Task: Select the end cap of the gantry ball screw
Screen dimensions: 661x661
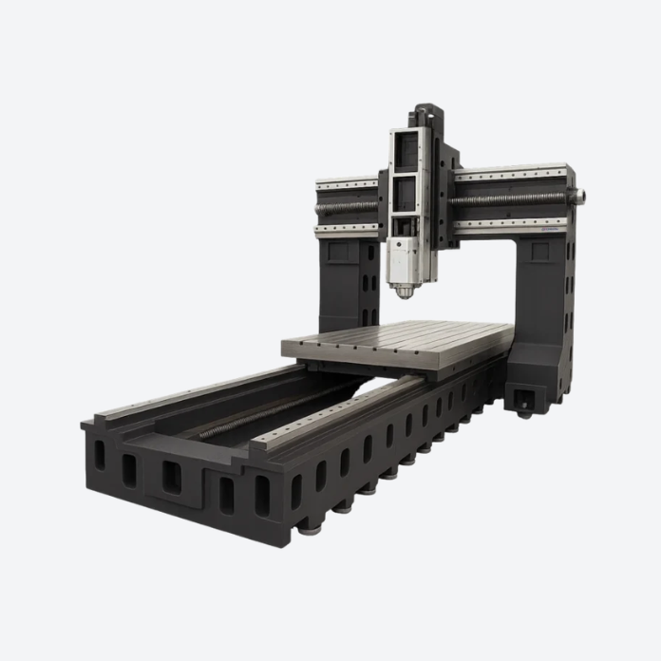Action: pos(578,196)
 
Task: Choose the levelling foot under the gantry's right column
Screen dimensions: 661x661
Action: pos(524,410)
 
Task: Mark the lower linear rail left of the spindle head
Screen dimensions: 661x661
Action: pos(347,228)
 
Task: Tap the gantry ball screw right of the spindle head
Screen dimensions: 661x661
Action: pos(513,199)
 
